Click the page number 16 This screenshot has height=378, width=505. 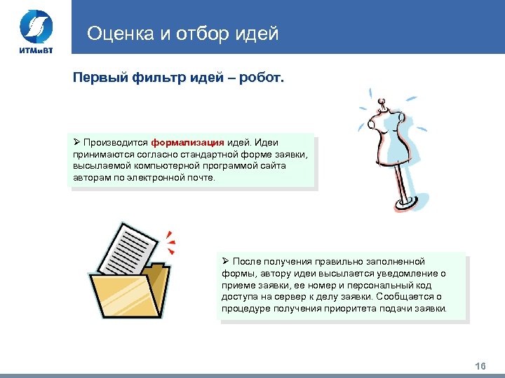[x=480, y=366]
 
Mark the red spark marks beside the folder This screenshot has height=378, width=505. [x=170, y=241]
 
